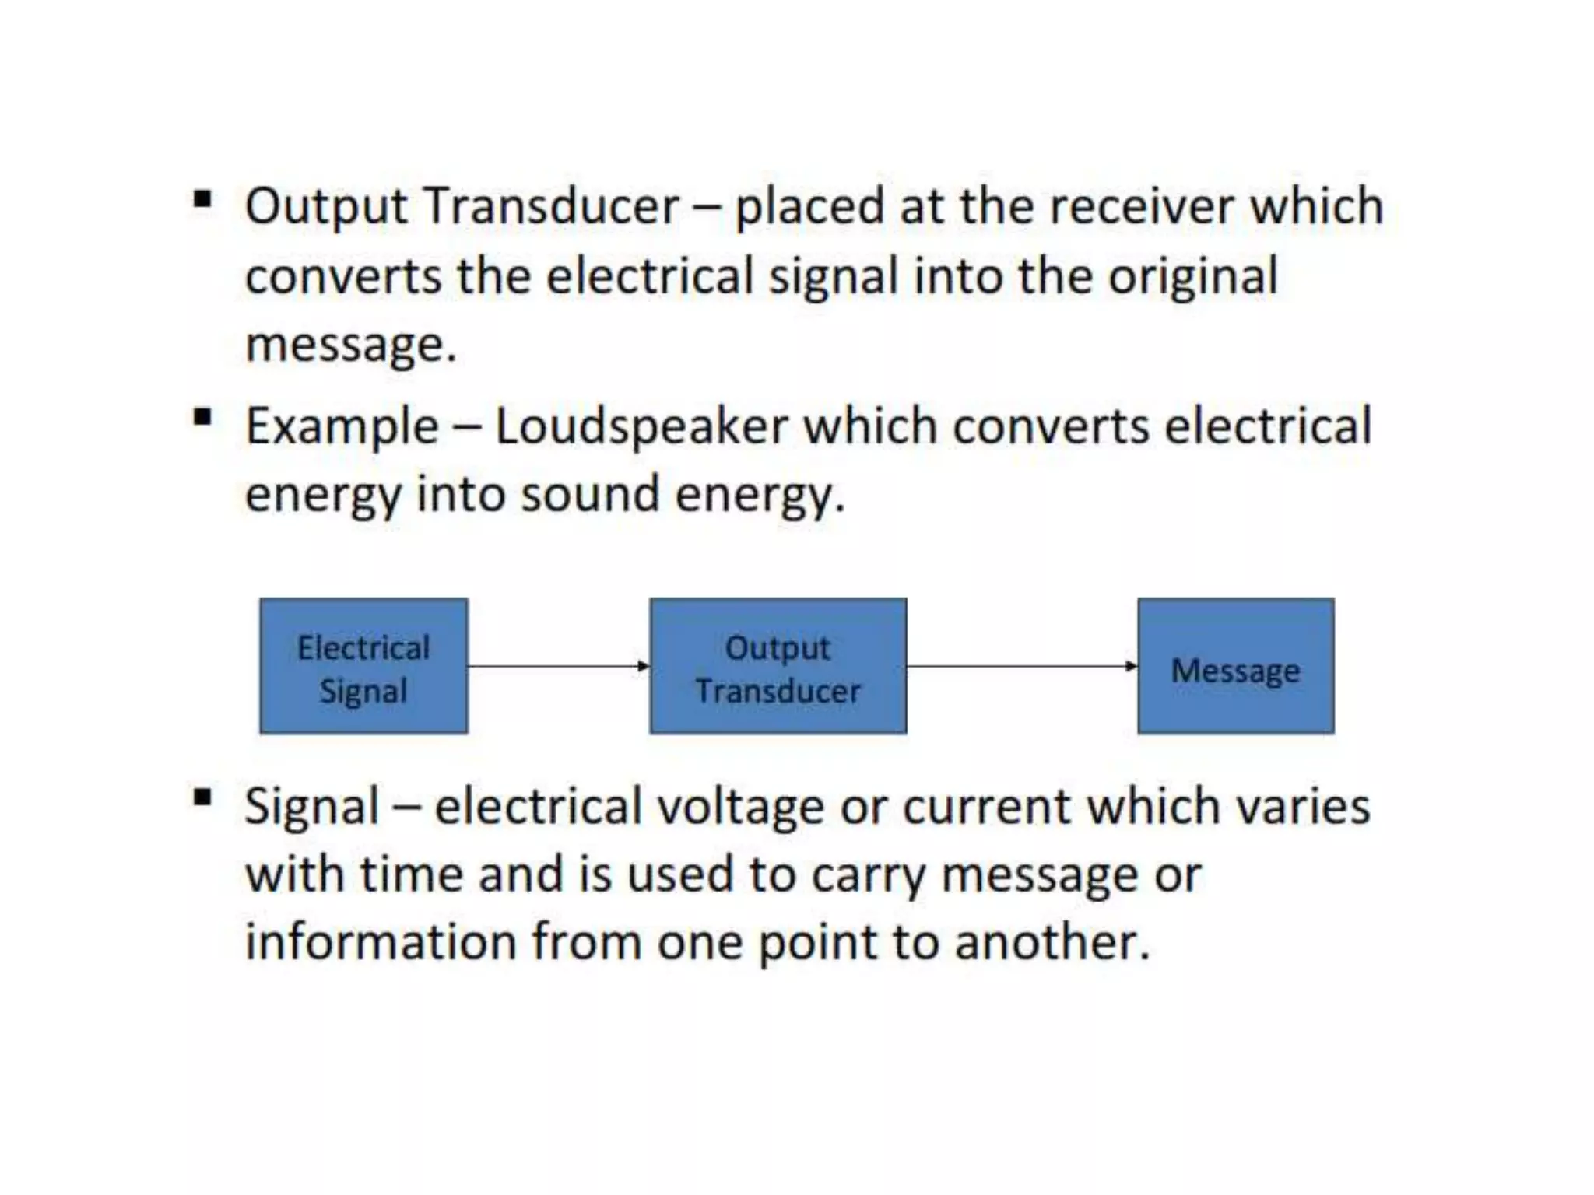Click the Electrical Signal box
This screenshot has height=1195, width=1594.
363,666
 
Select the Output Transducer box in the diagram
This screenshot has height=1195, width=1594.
778,666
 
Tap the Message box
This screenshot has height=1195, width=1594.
1235,666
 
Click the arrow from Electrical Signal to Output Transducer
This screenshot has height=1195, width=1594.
558,666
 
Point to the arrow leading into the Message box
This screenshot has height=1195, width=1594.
1021,666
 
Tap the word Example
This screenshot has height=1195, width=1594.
342,426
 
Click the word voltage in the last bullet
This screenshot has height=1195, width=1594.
740,806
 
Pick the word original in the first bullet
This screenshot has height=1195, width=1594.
1192,276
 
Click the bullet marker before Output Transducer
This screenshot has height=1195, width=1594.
202,201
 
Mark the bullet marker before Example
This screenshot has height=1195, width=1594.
202,419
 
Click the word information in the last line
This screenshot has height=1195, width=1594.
381,941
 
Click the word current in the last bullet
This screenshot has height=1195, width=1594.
986,806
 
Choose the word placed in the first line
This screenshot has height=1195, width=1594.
809,206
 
